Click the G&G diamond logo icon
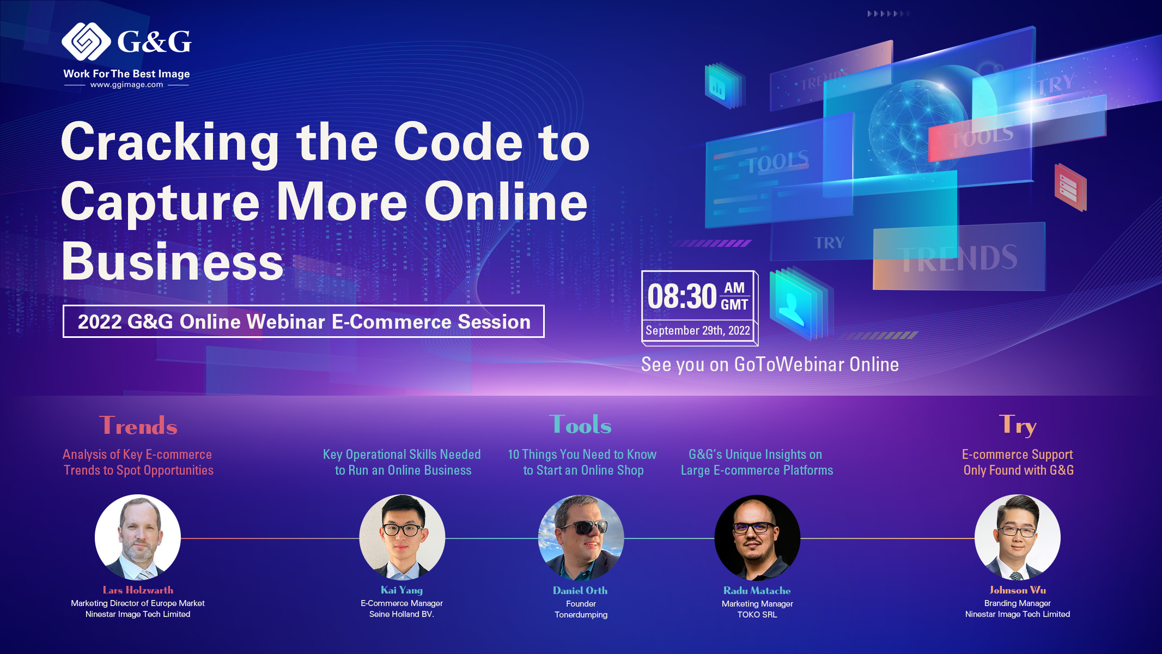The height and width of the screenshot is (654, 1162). [86, 41]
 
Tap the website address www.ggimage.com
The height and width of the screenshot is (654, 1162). [127, 85]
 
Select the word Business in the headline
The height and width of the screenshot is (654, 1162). [172, 262]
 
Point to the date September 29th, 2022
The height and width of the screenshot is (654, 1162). [698, 330]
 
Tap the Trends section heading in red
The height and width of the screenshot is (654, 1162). [138, 426]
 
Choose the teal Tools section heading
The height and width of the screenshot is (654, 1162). [581, 425]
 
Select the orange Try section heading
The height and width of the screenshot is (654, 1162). [1018, 425]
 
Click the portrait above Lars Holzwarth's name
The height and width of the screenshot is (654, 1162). [138, 537]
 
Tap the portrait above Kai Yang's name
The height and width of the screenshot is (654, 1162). [402, 537]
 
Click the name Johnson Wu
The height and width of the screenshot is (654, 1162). [1018, 590]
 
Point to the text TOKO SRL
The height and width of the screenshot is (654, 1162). [757, 615]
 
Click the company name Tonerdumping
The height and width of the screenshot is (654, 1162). [581, 615]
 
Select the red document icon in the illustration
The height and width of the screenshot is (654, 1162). [1070, 187]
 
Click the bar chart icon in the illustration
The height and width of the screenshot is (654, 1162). [717, 87]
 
